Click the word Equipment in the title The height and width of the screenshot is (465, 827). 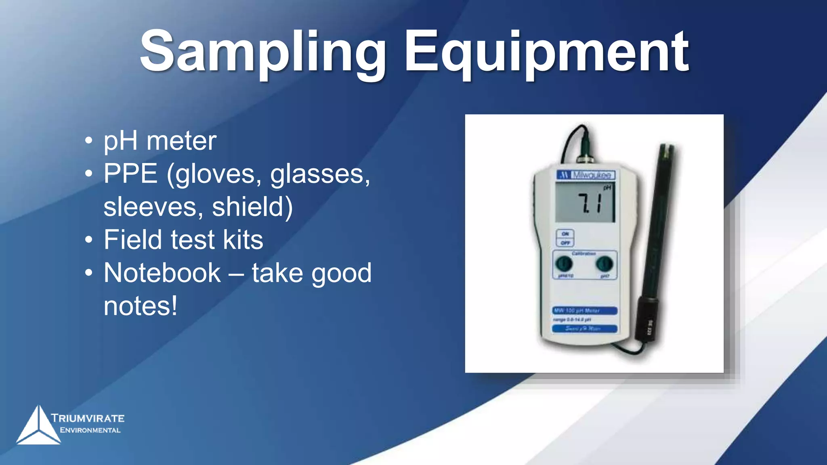(x=547, y=52)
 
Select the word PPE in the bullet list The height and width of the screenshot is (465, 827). (x=130, y=174)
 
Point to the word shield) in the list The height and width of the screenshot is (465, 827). (x=252, y=207)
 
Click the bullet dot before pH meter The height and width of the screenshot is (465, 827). (x=89, y=142)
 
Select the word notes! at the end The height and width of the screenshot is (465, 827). (x=141, y=306)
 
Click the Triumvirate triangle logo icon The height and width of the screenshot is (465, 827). (x=38, y=426)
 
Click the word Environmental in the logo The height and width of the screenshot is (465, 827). (x=90, y=430)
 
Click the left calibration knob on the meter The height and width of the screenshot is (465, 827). (x=564, y=264)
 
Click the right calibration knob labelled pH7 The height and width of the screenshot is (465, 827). (x=604, y=264)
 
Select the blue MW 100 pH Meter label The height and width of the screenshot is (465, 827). (x=584, y=310)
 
